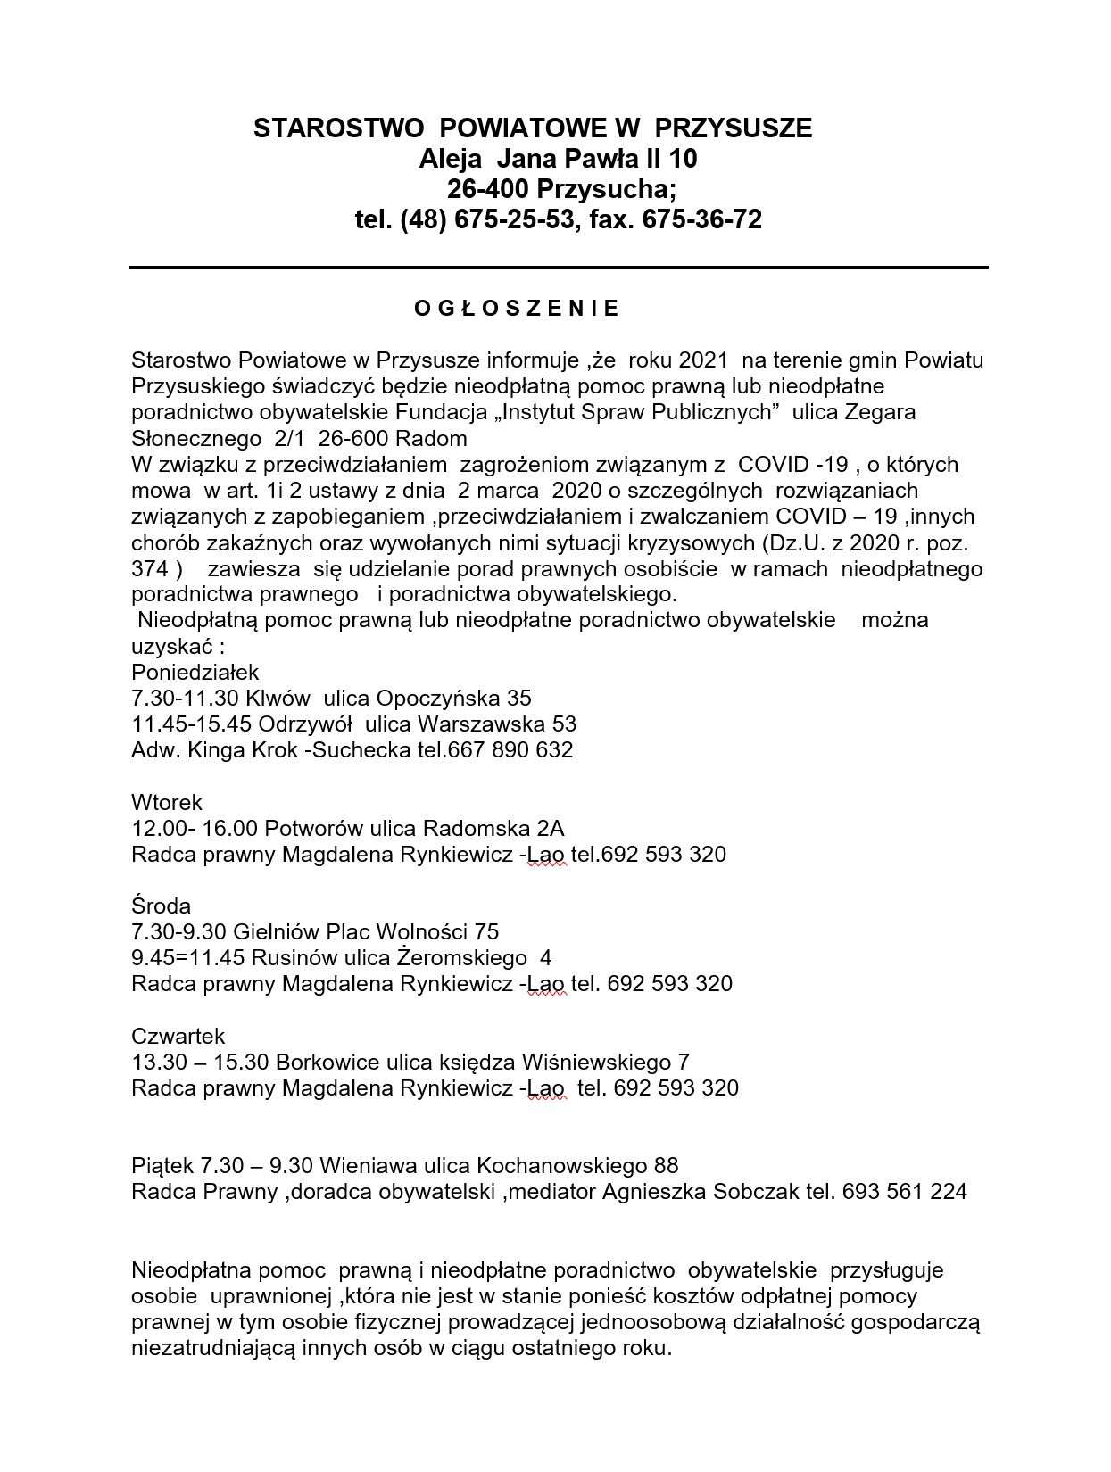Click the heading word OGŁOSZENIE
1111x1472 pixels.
(x=517, y=310)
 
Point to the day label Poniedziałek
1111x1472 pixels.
(x=195, y=672)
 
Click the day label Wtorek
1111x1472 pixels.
(x=167, y=802)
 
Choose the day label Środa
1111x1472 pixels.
(x=161, y=906)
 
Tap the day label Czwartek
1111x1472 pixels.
(x=178, y=1037)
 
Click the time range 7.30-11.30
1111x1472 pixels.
(x=185, y=698)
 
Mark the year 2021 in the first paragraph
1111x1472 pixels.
(x=703, y=360)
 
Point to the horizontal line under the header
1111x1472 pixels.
(x=558, y=267)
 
